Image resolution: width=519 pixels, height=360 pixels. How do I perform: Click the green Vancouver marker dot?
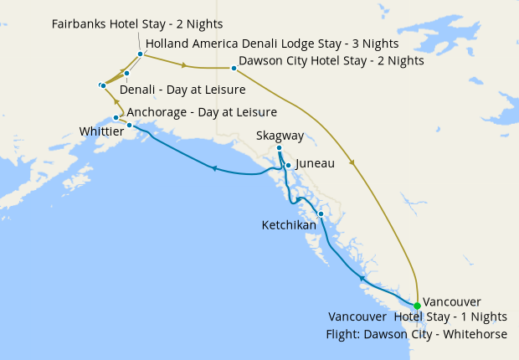417,306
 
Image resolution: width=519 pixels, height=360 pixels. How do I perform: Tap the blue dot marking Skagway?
279,148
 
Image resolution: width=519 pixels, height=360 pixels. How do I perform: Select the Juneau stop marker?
288,165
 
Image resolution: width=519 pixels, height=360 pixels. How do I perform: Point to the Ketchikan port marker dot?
321,213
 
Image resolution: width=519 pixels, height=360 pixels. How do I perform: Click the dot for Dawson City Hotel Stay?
234,68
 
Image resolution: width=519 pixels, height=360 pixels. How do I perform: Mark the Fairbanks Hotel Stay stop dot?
140,54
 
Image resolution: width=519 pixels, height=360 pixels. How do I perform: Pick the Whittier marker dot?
129,125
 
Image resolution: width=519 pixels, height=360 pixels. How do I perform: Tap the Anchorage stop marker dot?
116,117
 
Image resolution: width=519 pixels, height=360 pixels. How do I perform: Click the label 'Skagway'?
280,135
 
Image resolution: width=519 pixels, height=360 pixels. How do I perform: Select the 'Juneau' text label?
315,165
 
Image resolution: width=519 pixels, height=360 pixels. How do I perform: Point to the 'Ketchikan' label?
289,225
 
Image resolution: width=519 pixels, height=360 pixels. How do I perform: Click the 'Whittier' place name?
101,131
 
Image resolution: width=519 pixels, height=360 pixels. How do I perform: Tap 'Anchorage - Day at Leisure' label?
202,111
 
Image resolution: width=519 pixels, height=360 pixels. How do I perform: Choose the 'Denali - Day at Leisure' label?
182,90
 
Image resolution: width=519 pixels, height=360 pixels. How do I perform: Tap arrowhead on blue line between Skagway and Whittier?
214,168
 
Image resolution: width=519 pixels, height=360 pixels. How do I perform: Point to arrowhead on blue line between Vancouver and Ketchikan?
362,277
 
